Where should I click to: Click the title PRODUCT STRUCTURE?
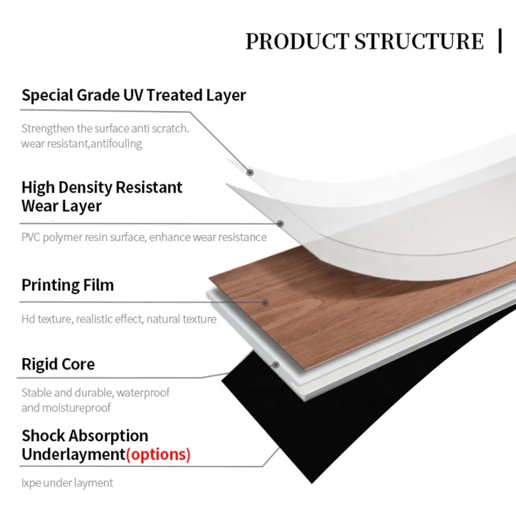[364, 41]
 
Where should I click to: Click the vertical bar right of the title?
[501, 40]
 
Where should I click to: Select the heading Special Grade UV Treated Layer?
[134, 95]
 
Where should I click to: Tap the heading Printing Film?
[68, 285]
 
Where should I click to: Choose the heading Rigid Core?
[58, 364]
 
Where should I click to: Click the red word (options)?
[158, 454]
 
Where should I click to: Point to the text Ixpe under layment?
[67, 482]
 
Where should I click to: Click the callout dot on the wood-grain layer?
[265, 302]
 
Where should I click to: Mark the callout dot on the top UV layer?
[250, 172]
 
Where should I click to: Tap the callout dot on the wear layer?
[281, 224]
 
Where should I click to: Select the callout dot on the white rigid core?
[276, 364]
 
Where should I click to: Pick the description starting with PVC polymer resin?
[144, 237]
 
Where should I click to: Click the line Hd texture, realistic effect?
[119, 319]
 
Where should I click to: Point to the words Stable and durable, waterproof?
[95, 392]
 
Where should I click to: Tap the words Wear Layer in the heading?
[62, 206]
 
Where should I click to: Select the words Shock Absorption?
[85, 436]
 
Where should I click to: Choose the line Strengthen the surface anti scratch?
[105, 128]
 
